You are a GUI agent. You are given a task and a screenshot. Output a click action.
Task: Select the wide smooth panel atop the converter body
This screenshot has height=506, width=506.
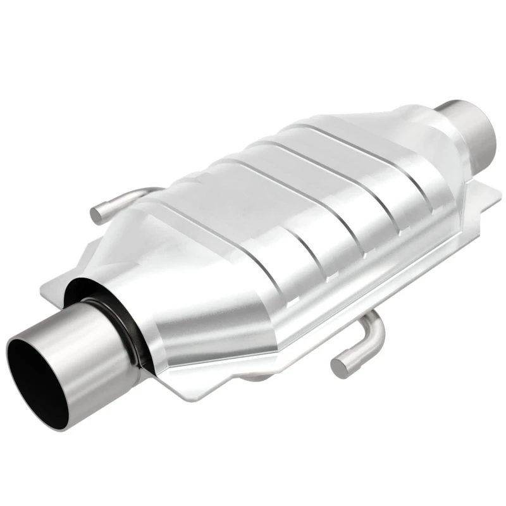pyautogui.click(x=304, y=190)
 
